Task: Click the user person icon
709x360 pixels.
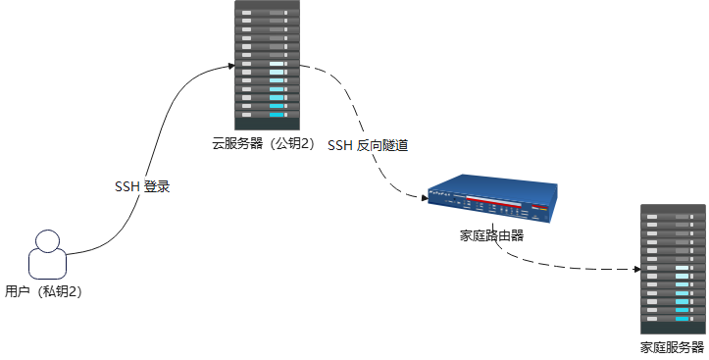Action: (x=47, y=256)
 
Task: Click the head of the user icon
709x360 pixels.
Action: (x=47, y=239)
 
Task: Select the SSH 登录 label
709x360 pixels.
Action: (x=143, y=186)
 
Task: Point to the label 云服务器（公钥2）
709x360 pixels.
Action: (x=263, y=144)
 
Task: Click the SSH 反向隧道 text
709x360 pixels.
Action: (x=368, y=145)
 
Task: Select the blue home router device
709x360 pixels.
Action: (x=491, y=200)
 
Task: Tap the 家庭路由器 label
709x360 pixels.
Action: (x=491, y=235)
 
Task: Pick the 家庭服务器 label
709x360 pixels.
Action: (x=673, y=347)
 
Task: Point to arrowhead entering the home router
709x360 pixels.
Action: (x=425, y=199)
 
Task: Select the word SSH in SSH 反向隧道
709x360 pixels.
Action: (x=340, y=145)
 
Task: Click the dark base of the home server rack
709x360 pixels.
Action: (x=673, y=327)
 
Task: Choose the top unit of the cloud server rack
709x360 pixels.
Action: (x=266, y=8)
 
